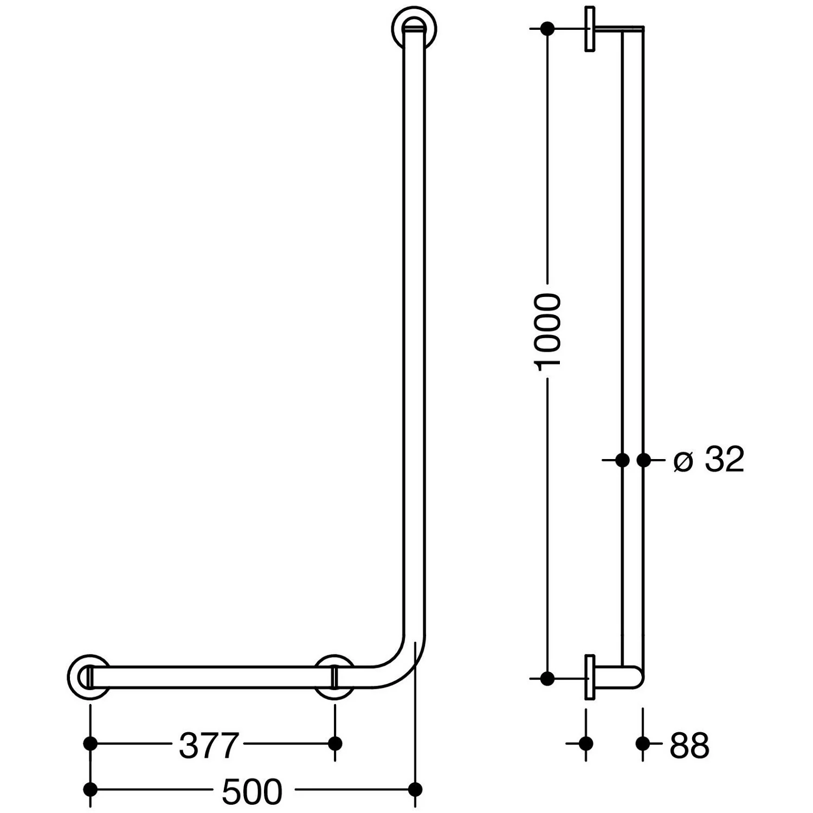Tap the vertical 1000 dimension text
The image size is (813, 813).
pos(547,332)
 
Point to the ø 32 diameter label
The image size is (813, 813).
pos(708,460)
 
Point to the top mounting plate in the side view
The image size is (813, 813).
pos(590,29)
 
